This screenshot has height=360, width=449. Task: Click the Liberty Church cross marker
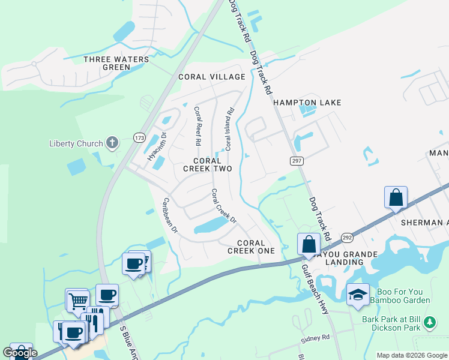point(112,143)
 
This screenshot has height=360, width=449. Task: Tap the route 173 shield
point(140,137)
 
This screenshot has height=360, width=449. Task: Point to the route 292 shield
point(347,238)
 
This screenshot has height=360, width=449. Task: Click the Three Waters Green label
point(108,63)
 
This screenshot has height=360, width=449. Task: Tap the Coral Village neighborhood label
point(212,77)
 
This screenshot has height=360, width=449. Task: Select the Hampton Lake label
point(307,103)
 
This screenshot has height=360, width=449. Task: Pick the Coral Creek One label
point(251,247)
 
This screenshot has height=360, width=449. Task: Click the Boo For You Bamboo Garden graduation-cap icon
point(358,294)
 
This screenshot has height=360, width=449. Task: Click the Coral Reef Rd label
point(196,127)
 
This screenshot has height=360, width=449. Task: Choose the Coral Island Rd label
point(229,128)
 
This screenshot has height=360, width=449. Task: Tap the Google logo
point(20,353)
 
